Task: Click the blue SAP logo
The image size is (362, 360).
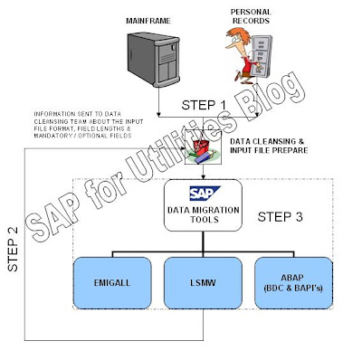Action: [200, 193]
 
